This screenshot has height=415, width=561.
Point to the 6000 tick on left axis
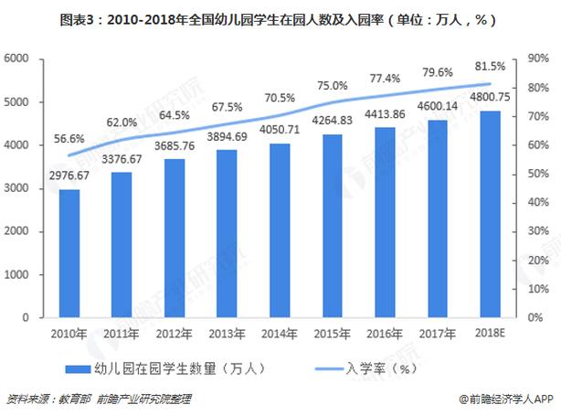tap(19, 59)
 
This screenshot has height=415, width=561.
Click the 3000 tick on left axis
tap(19, 188)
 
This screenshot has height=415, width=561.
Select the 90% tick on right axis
tap(536, 59)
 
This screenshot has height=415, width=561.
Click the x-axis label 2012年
tap(175, 334)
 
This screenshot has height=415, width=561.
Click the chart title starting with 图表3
tap(280, 19)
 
